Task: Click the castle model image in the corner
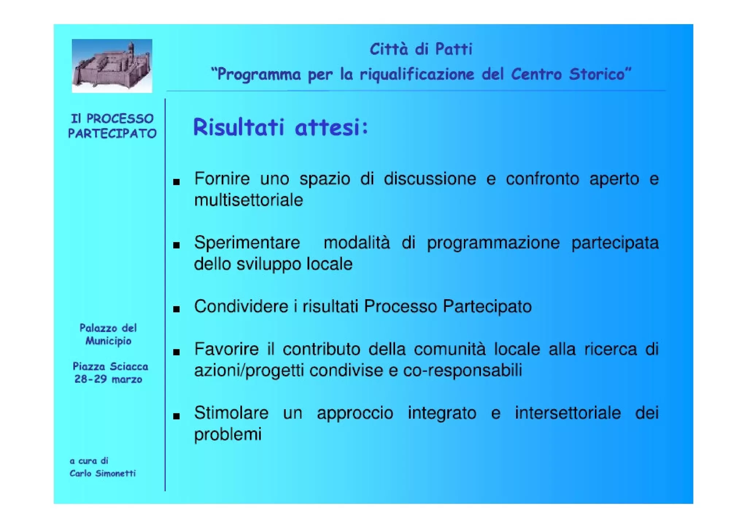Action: tap(112, 66)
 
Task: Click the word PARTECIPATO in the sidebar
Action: tap(112, 134)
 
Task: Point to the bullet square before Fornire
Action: tap(177, 181)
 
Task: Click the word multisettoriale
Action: tap(248, 200)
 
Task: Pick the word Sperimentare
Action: tap(247, 243)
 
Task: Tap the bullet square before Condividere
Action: tap(177, 309)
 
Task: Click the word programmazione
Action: tap(493, 243)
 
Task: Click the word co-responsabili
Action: tap(462, 370)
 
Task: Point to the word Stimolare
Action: tap(231, 413)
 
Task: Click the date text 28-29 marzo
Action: tap(108, 379)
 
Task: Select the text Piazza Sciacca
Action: tap(110, 366)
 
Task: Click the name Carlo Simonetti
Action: tap(102, 473)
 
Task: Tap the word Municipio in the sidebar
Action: tap(108, 341)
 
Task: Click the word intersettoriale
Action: tap(568, 413)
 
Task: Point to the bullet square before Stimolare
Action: tap(177, 416)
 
